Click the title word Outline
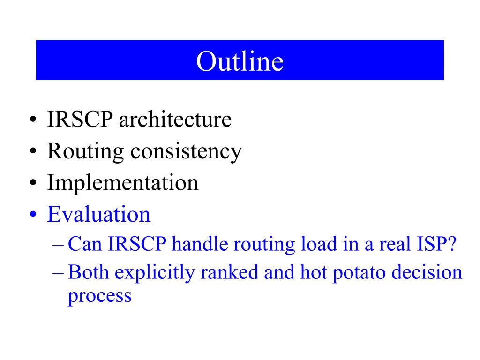click(x=240, y=61)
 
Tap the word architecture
click(x=175, y=119)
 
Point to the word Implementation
click(x=123, y=182)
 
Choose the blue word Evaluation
click(x=99, y=214)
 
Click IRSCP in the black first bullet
click(x=80, y=119)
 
